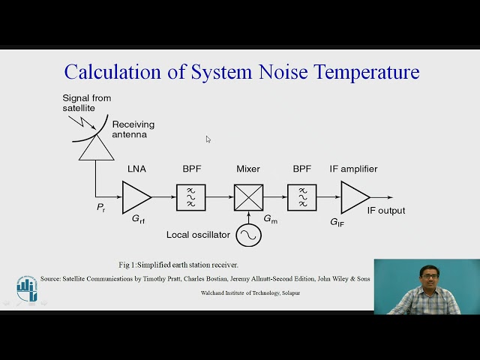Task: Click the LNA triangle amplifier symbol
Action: (x=136, y=196)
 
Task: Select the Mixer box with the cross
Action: (x=248, y=197)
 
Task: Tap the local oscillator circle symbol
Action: (x=248, y=235)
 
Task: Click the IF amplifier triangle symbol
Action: (x=353, y=196)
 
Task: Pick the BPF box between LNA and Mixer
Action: (x=190, y=197)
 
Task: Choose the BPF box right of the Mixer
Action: (x=302, y=197)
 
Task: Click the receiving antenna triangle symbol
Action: (x=95, y=148)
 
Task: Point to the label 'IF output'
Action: (x=385, y=211)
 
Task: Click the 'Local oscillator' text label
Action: (x=198, y=235)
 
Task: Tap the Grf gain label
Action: (x=139, y=220)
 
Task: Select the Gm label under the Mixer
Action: (x=270, y=218)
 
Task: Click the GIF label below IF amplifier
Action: (x=337, y=222)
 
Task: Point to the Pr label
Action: (x=101, y=208)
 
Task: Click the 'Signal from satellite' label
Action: (x=85, y=103)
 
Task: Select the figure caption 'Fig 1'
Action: (x=178, y=265)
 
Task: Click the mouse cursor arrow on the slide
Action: (x=208, y=139)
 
